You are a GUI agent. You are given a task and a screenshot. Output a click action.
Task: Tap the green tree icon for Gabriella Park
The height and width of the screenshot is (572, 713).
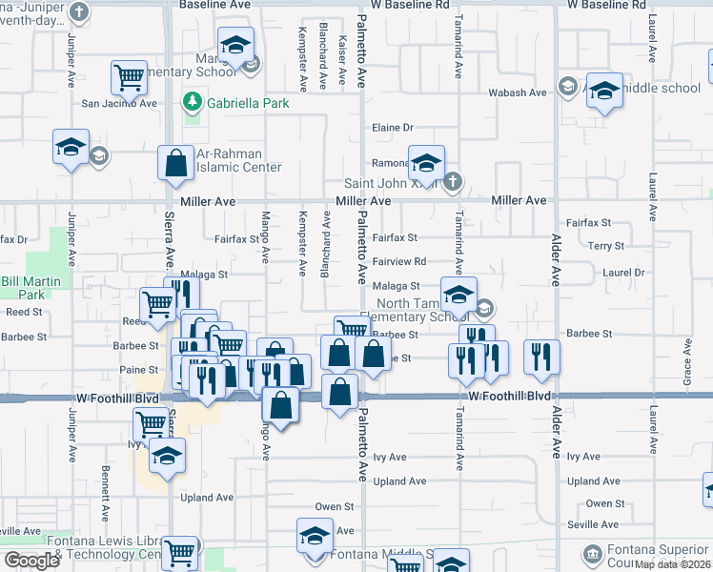point(193,101)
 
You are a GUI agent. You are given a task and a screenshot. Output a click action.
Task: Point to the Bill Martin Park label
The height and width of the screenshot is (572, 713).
point(31,288)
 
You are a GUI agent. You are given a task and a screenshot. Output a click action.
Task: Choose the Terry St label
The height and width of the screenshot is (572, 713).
point(605,246)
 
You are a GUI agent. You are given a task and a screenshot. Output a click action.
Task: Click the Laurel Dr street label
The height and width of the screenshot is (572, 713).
point(624,273)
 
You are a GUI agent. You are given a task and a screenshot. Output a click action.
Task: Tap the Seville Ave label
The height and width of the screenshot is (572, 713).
point(592,524)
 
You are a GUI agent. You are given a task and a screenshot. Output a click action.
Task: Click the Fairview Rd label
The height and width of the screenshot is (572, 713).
point(398,261)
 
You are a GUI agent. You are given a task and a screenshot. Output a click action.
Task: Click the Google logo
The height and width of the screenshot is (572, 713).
point(31,560)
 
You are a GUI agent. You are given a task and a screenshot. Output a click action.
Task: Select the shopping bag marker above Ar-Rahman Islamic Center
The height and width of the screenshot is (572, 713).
point(176,163)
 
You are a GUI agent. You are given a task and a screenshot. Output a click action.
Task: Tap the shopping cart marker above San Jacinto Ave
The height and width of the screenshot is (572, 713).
point(129,76)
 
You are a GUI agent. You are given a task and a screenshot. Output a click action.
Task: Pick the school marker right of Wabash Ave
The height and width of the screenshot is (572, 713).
point(603,91)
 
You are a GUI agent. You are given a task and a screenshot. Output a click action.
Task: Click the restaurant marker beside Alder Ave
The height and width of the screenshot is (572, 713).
point(541,357)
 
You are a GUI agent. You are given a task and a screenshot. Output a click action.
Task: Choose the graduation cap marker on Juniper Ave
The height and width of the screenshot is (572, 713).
point(71,148)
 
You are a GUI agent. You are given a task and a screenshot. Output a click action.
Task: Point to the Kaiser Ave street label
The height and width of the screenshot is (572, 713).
point(341,66)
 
